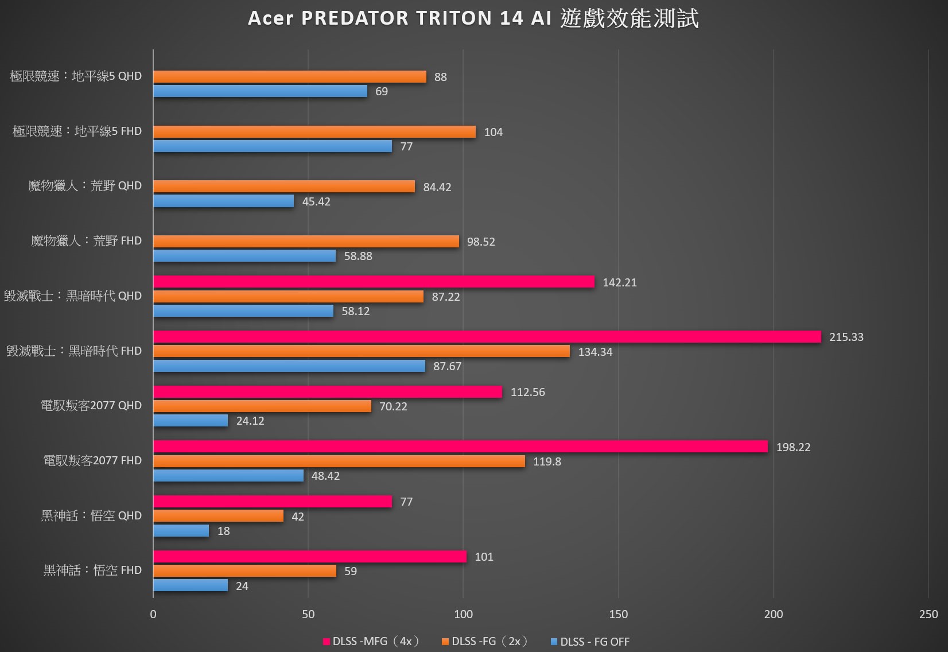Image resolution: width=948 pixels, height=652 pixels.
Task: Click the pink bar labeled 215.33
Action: point(487,337)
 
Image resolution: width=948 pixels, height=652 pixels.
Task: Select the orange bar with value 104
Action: point(314,132)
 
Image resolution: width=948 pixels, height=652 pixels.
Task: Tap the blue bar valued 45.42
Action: point(223,201)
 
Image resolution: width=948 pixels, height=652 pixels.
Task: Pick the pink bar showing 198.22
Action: point(460,447)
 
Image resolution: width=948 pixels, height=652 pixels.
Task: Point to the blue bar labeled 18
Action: point(181,530)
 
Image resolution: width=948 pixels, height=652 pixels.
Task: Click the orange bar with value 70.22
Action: point(262,406)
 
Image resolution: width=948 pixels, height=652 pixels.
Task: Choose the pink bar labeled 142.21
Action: point(374,282)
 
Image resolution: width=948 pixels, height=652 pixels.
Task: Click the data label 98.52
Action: point(481,242)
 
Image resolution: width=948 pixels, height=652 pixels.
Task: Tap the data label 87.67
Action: point(447,366)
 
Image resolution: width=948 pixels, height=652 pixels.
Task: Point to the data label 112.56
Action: point(527,392)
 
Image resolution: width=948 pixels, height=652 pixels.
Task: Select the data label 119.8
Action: point(547,461)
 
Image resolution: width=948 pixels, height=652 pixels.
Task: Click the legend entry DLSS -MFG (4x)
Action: point(371,642)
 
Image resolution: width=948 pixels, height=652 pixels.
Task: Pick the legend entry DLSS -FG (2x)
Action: point(485,642)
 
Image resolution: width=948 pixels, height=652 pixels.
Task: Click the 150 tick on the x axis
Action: point(618,614)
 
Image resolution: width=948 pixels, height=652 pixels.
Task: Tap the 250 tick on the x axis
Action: point(928,614)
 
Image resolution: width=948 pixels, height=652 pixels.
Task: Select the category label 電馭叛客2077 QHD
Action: point(91,406)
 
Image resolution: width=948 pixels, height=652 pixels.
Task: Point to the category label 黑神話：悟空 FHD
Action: point(92,570)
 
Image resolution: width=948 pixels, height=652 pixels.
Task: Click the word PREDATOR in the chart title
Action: point(355,18)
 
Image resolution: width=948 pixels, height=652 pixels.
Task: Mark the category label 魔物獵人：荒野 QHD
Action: point(85,186)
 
